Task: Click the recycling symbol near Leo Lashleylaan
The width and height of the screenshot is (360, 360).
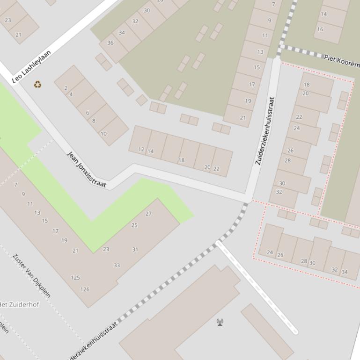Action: click(37, 85)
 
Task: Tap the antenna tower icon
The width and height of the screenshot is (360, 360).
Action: click(220, 322)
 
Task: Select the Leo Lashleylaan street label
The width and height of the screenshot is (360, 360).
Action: click(31, 67)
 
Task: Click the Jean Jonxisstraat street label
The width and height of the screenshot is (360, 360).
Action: click(87, 170)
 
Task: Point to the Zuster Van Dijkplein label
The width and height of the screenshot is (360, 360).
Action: click(31, 275)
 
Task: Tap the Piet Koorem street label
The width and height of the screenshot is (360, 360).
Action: click(342, 61)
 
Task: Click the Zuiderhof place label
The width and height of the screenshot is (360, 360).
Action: click(19, 304)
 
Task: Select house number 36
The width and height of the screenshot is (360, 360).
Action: click(110, 43)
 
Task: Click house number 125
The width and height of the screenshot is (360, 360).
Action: click(75, 278)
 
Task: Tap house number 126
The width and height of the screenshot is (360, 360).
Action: click(85, 289)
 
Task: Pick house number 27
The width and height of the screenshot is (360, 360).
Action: click(148, 214)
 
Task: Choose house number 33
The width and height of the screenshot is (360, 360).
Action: click(117, 265)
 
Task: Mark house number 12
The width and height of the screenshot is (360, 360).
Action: click(141, 149)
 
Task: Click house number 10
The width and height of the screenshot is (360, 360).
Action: click(103, 134)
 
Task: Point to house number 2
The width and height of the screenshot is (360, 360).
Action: click(66, 88)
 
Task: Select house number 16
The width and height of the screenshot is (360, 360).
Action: click(320, 29)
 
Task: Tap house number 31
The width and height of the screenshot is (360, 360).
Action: click(135, 250)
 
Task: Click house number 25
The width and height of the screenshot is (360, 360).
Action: click(134, 225)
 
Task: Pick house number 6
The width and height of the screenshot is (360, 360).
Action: click(87, 113)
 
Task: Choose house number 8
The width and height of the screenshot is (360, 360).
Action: click(94, 121)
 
